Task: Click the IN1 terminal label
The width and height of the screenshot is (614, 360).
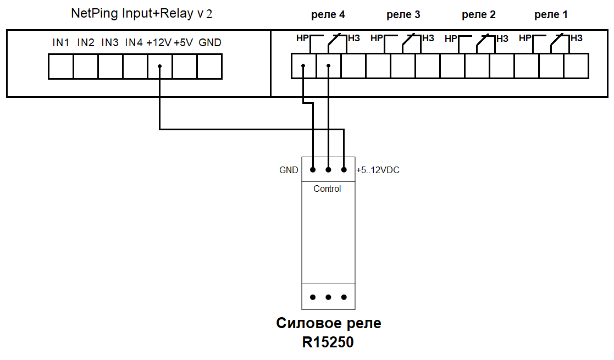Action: click(60, 42)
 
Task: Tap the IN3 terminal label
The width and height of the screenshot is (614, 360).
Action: click(110, 42)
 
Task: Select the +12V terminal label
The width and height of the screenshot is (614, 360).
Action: click(159, 42)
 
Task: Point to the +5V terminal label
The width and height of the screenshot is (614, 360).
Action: click(184, 42)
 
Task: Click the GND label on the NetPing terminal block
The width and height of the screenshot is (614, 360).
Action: click(210, 42)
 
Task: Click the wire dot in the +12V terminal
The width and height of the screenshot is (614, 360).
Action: click(159, 67)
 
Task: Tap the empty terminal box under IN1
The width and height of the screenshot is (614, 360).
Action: click(61, 67)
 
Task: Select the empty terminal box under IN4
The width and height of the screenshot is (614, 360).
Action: click(135, 67)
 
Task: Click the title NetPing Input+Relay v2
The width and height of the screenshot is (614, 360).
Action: click(142, 14)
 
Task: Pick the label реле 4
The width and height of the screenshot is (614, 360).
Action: click(328, 15)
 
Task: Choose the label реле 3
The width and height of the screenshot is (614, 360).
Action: click(403, 15)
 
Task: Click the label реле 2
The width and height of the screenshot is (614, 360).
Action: click(478, 15)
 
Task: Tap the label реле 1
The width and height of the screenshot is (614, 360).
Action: click(551, 15)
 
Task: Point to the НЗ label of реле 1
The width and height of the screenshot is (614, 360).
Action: click(577, 38)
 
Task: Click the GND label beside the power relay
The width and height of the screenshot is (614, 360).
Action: click(289, 170)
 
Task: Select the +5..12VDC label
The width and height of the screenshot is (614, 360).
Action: click(378, 170)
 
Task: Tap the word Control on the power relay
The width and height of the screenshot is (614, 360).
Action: click(327, 189)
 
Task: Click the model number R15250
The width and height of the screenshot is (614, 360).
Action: click(328, 342)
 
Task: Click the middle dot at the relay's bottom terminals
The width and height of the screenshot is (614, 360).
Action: click(328, 297)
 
